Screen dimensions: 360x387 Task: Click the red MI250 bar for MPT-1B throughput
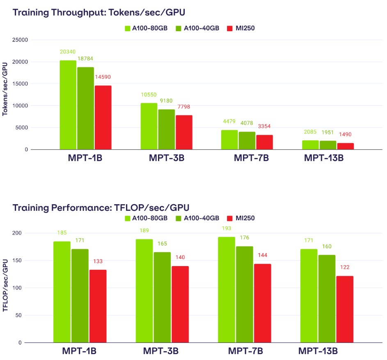pos(103,117)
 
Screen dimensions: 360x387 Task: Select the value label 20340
pos(68,52)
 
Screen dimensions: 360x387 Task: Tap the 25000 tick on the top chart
pos(20,40)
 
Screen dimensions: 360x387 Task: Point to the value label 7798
pos(184,107)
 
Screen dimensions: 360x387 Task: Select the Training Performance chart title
pos(101,207)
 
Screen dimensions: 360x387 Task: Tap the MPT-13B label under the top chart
pos(323,158)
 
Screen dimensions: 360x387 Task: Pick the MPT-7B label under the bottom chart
pos(245,351)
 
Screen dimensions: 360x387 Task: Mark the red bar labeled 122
pos(345,309)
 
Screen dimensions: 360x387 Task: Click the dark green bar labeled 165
pos(162,297)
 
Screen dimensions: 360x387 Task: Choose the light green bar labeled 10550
pos(149,126)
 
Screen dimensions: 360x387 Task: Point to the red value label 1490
pos(345,134)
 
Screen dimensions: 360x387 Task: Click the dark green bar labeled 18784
pos(85,108)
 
